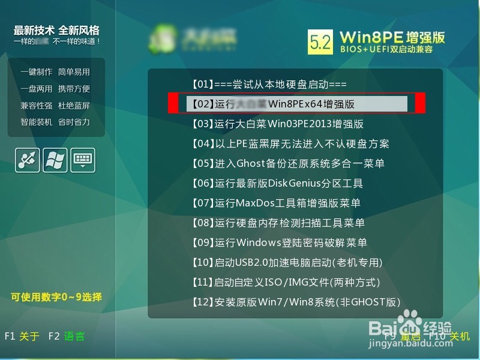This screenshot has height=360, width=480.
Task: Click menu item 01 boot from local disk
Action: [269, 85]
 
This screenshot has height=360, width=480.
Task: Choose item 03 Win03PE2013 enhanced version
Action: [277, 124]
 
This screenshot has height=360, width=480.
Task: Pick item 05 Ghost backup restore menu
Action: [288, 163]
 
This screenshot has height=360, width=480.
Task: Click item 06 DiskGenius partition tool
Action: [277, 183]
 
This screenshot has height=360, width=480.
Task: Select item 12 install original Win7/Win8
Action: [295, 302]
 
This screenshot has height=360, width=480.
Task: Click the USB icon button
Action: [28, 160]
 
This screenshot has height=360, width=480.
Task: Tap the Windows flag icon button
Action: [55, 160]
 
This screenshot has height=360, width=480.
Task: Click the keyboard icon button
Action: [83, 160]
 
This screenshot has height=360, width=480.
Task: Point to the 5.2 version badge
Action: [320, 43]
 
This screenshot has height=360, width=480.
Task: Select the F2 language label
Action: [66, 337]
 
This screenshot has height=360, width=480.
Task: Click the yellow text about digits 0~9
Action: [56, 296]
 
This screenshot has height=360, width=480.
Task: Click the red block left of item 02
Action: [173, 103]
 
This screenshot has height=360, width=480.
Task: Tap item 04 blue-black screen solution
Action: [290, 144]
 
